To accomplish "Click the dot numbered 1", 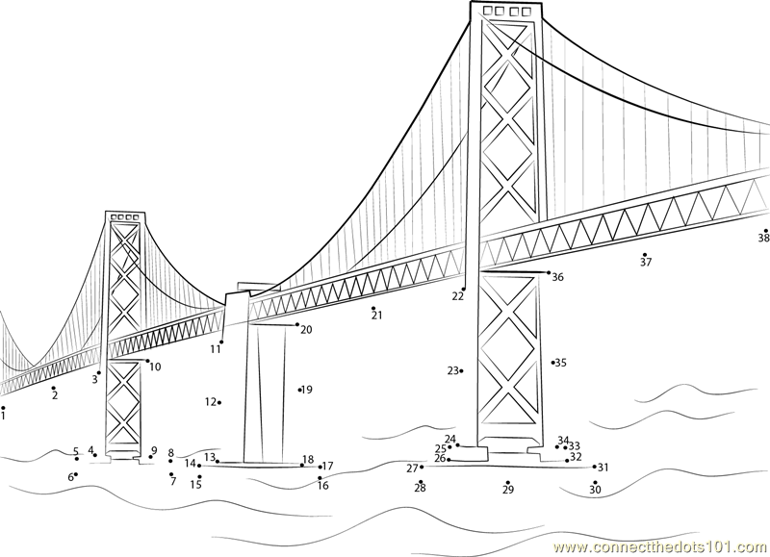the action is coord(3,407).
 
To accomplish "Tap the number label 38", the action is coord(763,238).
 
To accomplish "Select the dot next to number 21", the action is coord(373,308).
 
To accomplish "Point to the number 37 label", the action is coord(646,263).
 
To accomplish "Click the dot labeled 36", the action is coord(549,272).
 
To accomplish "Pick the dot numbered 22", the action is coord(463,290).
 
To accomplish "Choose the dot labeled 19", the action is coord(299,391).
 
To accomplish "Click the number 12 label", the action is coord(210,402).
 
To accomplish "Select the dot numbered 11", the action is coord(221,342).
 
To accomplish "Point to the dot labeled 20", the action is coord(297,324).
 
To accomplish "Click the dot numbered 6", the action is coord(76,474).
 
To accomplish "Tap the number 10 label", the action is coord(155,367).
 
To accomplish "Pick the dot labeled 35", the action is coord(552,363).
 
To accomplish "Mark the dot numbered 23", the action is coord(462,371).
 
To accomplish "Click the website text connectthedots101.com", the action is coord(661,546).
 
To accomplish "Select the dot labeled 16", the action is coord(320,477).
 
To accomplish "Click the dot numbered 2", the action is coord(54,388).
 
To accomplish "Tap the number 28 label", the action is coord(420,488).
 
